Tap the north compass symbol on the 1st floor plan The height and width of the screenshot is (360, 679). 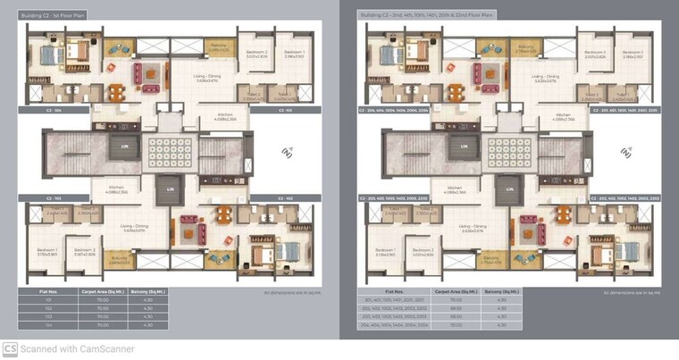pyautogui.click(x=287, y=153)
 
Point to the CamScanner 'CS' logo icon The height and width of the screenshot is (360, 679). pyautogui.click(x=10, y=349)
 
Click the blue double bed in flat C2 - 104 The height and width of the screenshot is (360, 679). pyautogui.click(x=46, y=55)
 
